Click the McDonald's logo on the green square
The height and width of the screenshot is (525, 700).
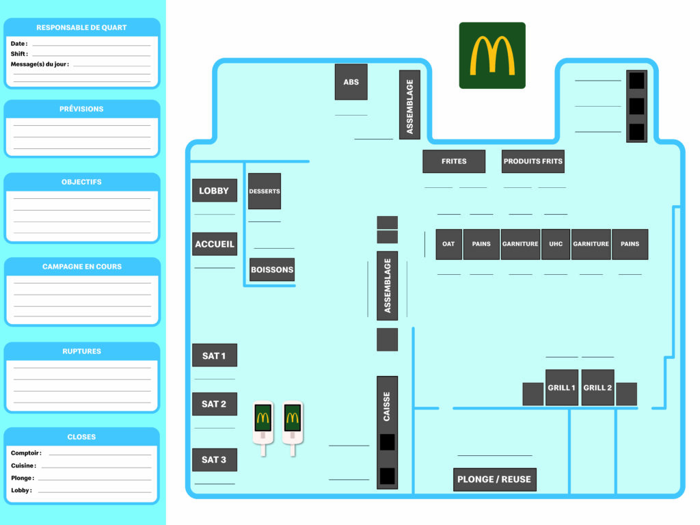[x=492, y=55]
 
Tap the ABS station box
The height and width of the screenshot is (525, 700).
[x=351, y=82]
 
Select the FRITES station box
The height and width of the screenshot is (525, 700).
[x=454, y=161]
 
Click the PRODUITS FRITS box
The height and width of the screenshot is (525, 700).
[x=533, y=161]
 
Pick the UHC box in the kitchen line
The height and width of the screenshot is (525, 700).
[x=555, y=244]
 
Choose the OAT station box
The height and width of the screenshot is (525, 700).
[x=448, y=244]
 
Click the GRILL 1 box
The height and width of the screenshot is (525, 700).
[x=561, y=388]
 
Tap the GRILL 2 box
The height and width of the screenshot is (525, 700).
[x=597, y=388]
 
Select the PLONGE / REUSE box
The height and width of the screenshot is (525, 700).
[x=494, y=479]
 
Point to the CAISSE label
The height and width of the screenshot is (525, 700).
[x=387, y=407]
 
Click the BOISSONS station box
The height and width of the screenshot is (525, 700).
[x=272, y=269]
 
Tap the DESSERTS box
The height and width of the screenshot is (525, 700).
[x=265, y=191]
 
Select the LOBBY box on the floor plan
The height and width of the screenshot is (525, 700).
[x=214, y=191]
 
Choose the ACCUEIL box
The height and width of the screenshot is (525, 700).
[x=214, y=244]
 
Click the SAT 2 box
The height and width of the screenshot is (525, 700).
[x=214, y=404]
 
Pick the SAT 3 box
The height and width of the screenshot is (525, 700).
[x=214, y=460]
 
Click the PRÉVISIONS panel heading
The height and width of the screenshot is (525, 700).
[x=82, y=109]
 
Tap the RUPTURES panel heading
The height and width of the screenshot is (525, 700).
[x=82, y=351]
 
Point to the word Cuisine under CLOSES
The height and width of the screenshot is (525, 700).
[x=23, y=466]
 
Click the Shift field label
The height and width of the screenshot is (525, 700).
[x=18, y=54]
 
